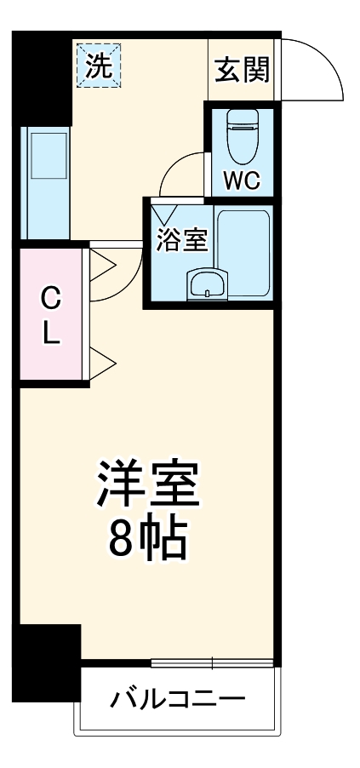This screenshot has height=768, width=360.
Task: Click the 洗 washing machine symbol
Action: click(99, 66)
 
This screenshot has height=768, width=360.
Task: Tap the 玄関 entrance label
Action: click(241, 70)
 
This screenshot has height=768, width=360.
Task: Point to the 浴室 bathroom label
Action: click(181, 241)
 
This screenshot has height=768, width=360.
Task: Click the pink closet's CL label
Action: click(52, 315)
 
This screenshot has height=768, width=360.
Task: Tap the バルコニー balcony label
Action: click(178, 700)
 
